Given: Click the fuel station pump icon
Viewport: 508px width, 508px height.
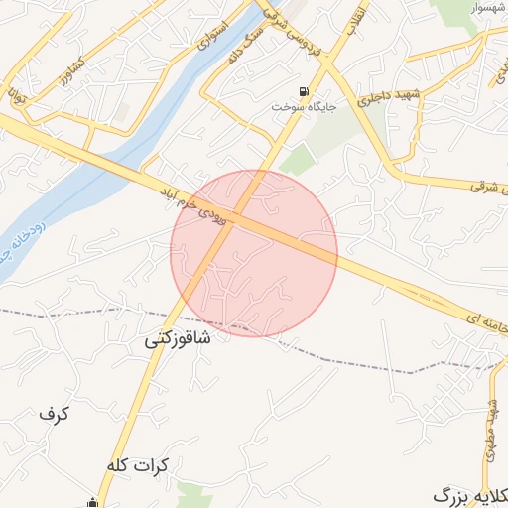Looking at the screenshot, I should pos(304,90).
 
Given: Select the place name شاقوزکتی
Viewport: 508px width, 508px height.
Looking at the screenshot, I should pos(179,337).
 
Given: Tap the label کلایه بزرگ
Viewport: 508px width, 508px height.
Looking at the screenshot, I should pos(471,494).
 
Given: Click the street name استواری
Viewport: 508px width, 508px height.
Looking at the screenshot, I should pos(213,38).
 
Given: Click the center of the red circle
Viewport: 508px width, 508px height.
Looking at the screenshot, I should pos(254,253).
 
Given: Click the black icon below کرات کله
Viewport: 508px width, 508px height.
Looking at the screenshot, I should pos(92,502).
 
